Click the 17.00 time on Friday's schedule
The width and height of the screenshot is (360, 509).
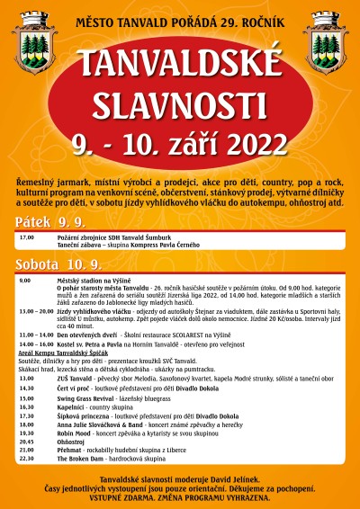(x=26, y=237)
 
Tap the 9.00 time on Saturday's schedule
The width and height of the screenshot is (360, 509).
(x=24, y=281)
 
